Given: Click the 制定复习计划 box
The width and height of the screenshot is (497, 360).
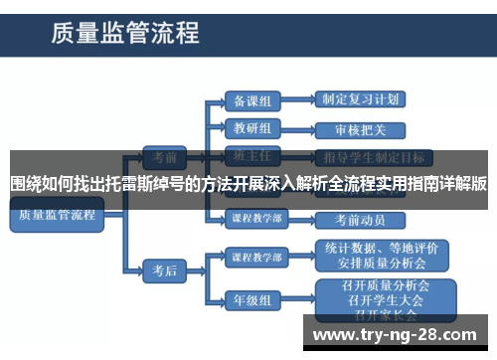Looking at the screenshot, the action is pos(360,99).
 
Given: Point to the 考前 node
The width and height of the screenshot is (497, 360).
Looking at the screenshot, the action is pos(164,156).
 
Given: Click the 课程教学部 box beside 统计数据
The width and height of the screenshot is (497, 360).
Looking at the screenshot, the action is pos(255,256).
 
